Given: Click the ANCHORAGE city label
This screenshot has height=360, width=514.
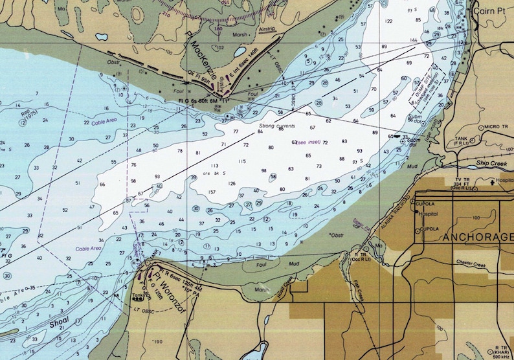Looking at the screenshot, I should point(477,238).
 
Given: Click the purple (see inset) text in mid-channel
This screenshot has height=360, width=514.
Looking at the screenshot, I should point(308,142).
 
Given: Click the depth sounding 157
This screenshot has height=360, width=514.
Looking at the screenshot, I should point(211,192).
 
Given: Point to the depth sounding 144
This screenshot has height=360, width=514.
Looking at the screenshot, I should point(413,40).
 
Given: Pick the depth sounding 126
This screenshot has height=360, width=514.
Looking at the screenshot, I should point(231,183).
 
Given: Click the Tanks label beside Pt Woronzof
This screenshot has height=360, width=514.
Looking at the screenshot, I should point(137,297).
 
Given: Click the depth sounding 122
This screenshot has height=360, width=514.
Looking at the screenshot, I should point(388,21).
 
